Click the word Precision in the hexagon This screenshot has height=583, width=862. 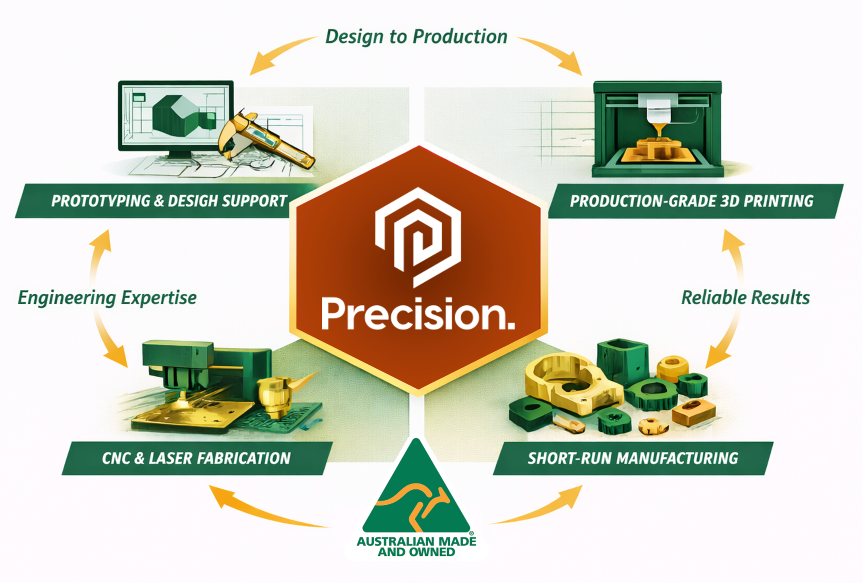418,313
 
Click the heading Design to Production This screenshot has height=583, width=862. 416,37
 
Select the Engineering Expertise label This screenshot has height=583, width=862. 107,298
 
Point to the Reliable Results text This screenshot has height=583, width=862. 745,297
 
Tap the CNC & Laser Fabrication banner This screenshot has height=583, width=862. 197,458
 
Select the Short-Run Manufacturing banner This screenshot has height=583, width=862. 633,458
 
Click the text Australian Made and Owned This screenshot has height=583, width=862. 416,546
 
